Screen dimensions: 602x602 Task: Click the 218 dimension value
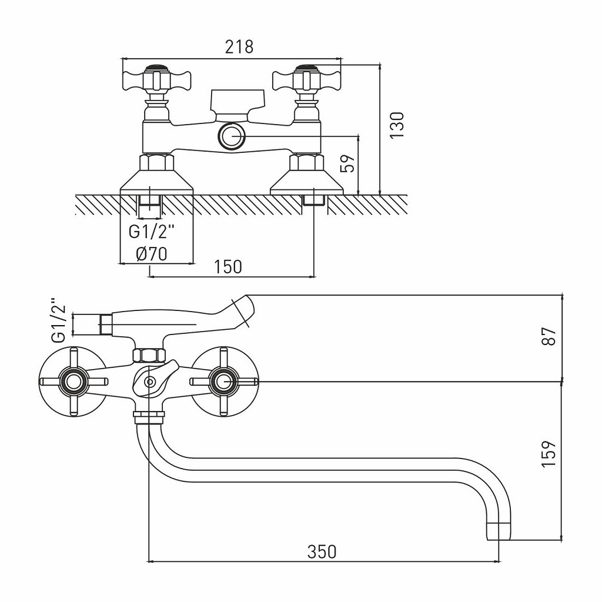click(239, 46)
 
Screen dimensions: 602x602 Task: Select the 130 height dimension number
click(398, 125)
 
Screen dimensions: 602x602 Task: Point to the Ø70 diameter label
click(152, 254)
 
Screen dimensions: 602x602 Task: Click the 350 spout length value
click(322, 551)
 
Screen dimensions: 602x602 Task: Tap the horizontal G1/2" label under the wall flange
click(152, 232)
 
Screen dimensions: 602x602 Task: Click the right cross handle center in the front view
click(223, 383)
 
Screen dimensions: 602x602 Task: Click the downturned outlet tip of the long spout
click(499, 531)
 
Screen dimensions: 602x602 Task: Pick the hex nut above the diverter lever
click(149, 355)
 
